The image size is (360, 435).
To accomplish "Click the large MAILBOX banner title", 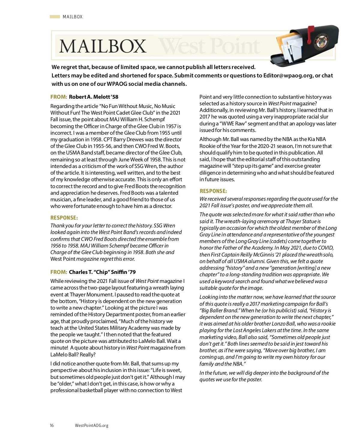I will [103, 46].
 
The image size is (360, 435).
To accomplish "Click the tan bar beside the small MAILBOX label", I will [55, 17].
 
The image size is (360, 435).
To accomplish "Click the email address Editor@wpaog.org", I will [288, 76].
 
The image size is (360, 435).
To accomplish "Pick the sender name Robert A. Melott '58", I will [94, 97].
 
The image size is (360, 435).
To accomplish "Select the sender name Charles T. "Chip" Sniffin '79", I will [102, 272].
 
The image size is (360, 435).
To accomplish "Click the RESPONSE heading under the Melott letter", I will [64, 218].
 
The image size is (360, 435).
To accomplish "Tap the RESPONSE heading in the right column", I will [213, 191].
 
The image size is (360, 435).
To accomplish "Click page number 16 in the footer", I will [52, 425].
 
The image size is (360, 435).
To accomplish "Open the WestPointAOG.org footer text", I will [91, 425].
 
